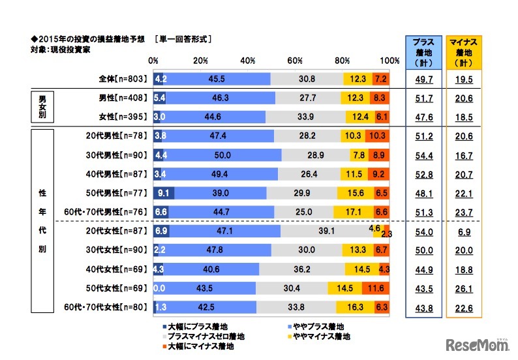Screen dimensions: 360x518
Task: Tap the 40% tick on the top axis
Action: click(x=248, y=61)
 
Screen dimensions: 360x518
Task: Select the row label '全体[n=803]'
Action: click(x=123, y=79)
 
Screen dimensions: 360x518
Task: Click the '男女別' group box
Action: click(x=43, y=106)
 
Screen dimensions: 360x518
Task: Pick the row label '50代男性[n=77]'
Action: click(x=121, y=194)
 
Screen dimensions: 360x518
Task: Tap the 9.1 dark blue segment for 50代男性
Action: click(x=164, y=194)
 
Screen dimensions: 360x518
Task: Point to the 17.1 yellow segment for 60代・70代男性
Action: click(x=353, y=212)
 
